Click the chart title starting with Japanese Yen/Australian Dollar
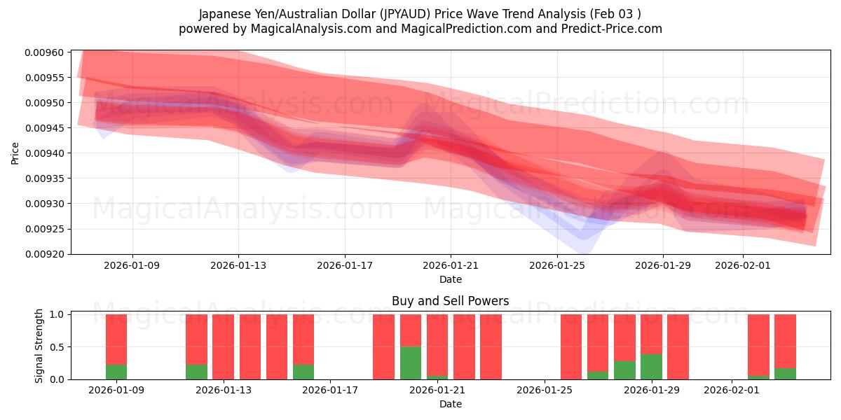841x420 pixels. tap(420, 13)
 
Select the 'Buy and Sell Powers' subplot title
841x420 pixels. tap(450, 301)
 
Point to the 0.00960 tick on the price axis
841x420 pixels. tap(45, 52)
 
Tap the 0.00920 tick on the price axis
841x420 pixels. tap(45, 254)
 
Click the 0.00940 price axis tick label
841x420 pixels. tap(45, 153)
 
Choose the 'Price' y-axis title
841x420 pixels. tap(15, 153)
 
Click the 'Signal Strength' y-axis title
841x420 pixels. tap(39, 346)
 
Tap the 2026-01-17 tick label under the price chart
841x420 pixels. tap(344, 265)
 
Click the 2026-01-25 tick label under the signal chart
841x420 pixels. tap(544, 390)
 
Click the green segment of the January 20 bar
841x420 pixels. tap(411, 363)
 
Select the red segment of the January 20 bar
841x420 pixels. tap(411, 330)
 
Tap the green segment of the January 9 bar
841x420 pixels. tap(116, 372)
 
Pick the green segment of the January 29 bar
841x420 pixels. tap(651, 366)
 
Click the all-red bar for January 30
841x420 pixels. tap(678, 346)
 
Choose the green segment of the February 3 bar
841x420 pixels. tap(785, 373)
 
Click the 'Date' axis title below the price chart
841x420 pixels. tap(450, 280)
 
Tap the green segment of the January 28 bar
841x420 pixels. tap(624, 370)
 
